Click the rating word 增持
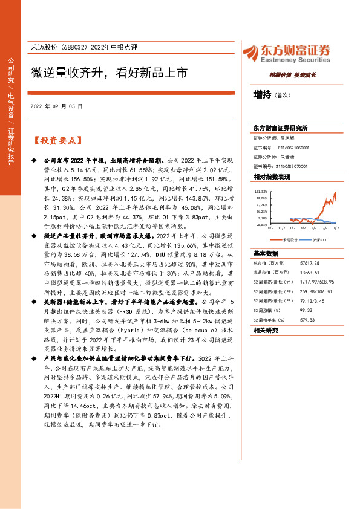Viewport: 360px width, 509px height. [x=262, y=95]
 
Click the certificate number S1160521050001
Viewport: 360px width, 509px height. [x=293, y=148]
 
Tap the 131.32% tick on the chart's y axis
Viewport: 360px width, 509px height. [x=261, y=190]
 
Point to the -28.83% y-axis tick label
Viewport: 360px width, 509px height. [x=261, y=224]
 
